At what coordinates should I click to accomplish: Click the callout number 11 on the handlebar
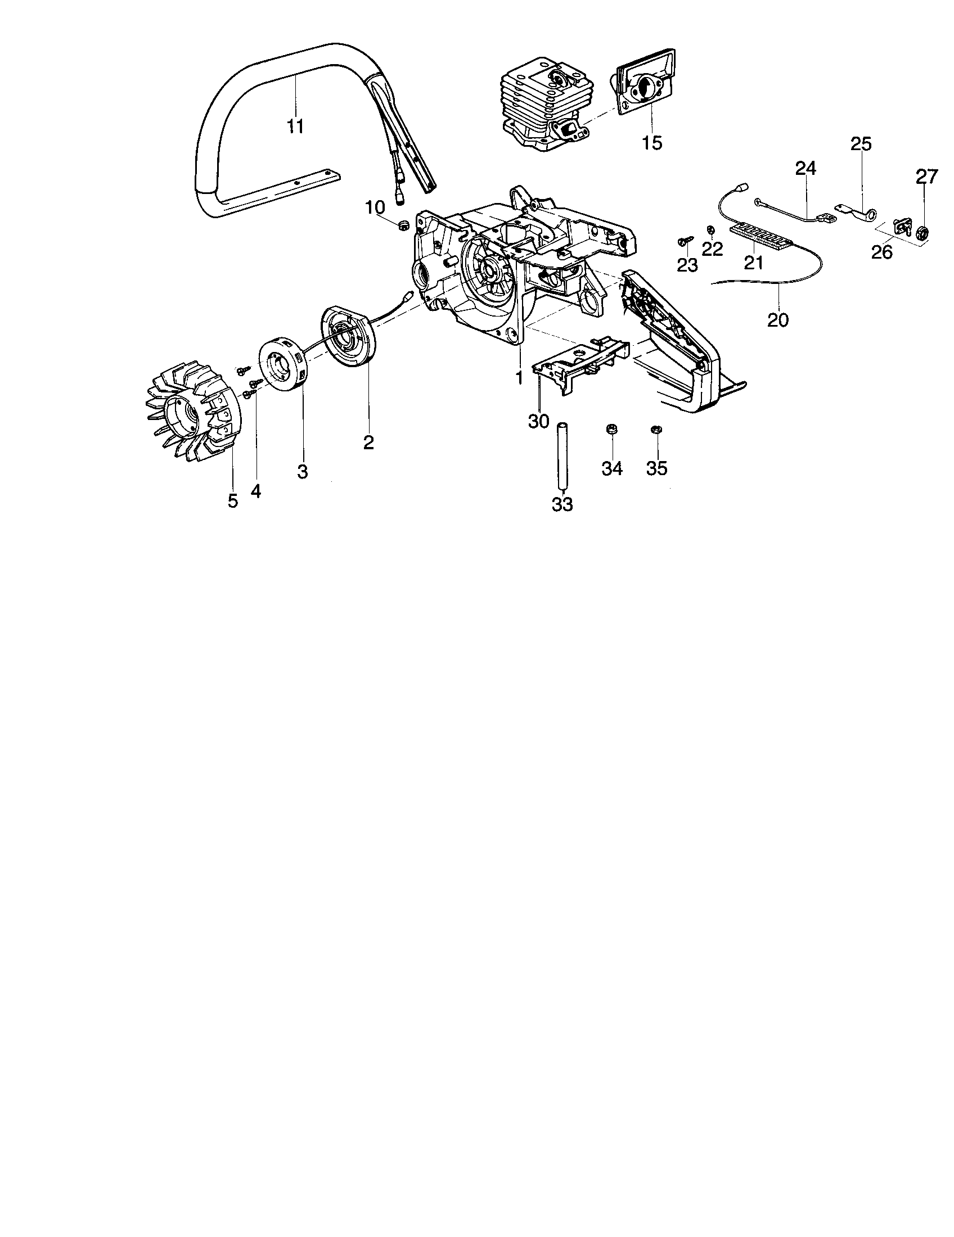[295, 126]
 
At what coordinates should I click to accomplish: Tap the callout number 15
[652, 143]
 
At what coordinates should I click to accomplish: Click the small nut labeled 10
[403, 226]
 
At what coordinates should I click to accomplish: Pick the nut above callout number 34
[611, 429]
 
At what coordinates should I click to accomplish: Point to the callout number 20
[777, 319]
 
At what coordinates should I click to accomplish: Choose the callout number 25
[861, 144]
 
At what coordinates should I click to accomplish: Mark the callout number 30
[538, 421]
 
